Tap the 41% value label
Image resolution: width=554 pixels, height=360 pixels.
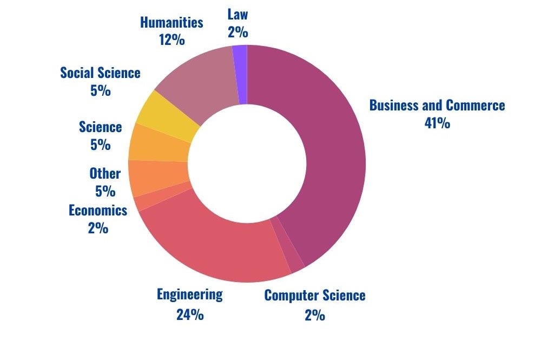437,123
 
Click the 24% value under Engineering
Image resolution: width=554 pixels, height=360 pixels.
189,315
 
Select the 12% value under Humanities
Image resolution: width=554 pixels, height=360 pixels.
172,40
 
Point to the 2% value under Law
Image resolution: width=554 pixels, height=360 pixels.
238,32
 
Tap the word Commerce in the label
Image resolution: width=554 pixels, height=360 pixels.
475,105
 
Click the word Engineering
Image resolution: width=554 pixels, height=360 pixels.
189,294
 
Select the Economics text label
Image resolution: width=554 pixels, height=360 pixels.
98,210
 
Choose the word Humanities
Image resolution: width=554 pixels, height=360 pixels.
172,22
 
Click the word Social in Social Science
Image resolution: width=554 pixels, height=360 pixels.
76,73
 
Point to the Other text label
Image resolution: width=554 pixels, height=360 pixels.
105,174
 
